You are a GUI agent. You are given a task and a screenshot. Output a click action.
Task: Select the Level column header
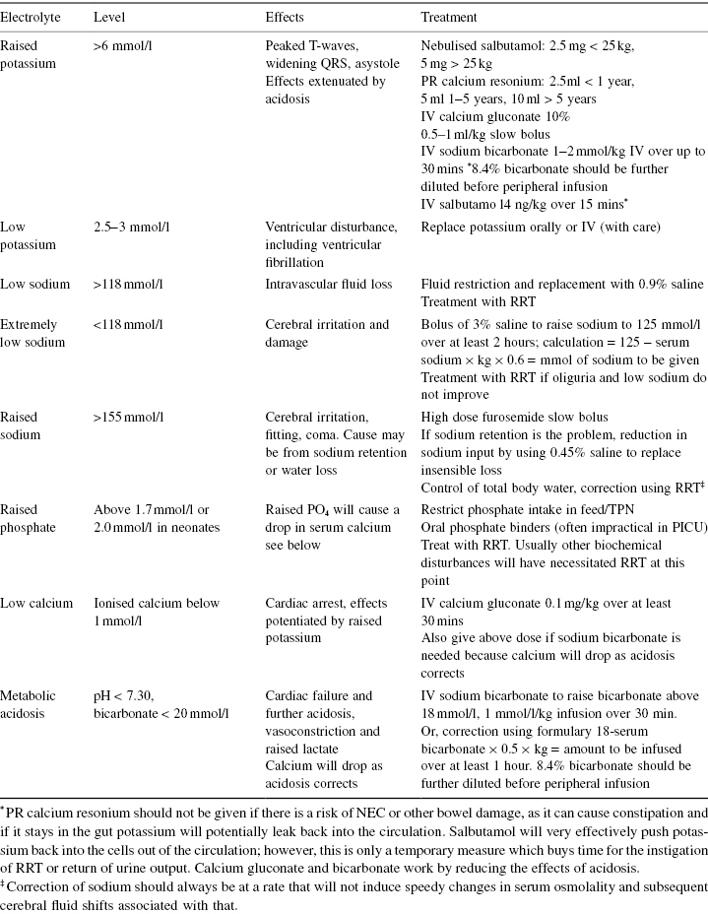pyautogui.click(x=109, y=18)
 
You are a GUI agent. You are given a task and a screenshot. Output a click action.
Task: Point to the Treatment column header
pyautogui.click(x=450, y=18)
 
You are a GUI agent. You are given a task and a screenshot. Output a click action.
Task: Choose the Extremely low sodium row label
pyautogui.click(x=31, y=333)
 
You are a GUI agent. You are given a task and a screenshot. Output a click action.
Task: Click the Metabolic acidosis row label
pyautogui.click(x=31, y=703)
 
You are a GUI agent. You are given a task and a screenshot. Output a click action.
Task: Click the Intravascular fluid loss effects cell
pyautogui.click(x=328, y=285)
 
